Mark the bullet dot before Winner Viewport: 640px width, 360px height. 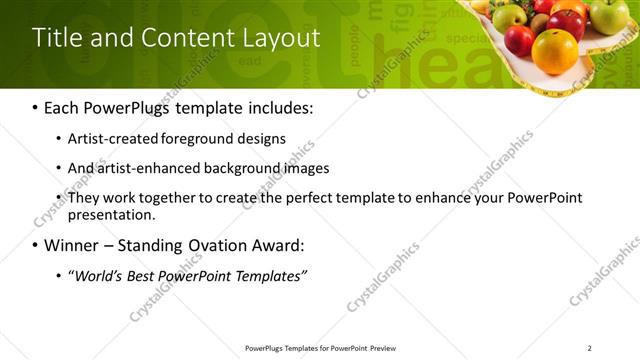tap(36, 245)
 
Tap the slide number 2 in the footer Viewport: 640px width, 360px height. tap(590, 348)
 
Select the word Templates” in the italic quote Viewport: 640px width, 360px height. tap(271, 275)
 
